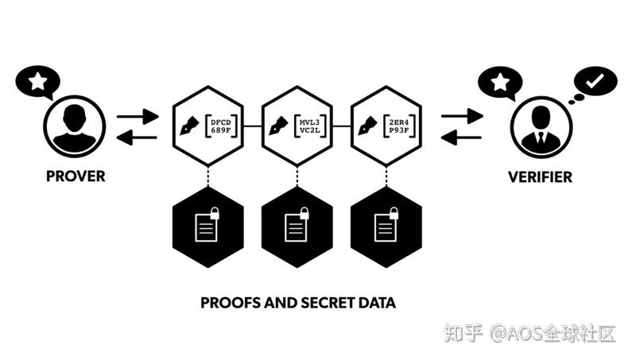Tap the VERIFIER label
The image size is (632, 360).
pyautogui.click(x=540, y=176)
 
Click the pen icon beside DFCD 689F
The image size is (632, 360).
pyautogui.click(x=191, y=125)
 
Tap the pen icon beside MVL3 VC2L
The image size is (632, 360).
pyautogui.click(x=279, y=125)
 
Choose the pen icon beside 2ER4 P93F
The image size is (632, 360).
pyautogui.click(x=368, y=125)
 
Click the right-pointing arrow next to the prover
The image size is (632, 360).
pyautogui.click(x=138, y=116)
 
